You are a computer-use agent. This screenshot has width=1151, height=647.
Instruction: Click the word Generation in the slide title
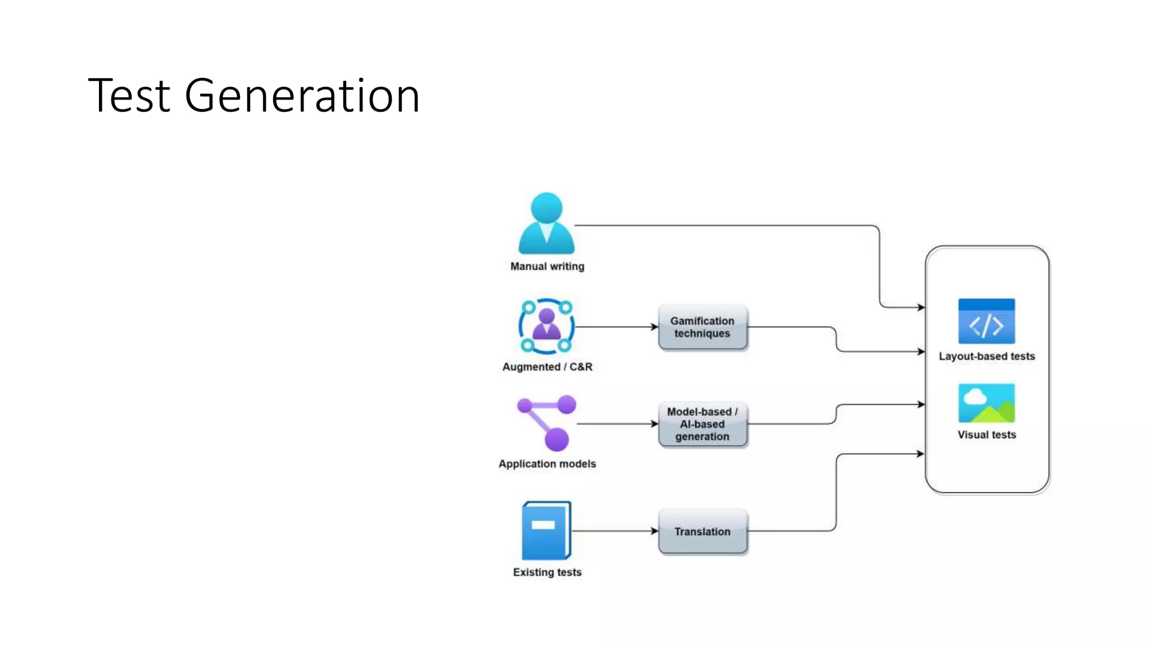[302, 96]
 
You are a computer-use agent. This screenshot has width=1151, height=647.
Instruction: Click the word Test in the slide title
[129, 96]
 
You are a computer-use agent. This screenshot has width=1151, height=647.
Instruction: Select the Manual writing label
[547, 266]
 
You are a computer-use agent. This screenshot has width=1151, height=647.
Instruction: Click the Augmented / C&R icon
[546, 326]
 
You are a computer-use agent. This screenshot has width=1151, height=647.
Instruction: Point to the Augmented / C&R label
[547, 367]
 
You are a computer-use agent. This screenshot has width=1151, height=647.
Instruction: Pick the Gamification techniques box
[703, 327]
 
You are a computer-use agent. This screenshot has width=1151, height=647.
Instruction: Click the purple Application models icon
[547, 423]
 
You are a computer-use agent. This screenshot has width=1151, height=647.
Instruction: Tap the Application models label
[547, 464]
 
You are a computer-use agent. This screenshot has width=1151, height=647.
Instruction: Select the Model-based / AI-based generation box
[703, 424]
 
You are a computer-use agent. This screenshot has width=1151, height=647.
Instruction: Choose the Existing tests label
[547, 572]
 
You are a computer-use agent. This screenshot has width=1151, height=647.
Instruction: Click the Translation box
[703, 531]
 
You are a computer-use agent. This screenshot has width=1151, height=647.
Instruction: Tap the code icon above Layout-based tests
[986, 321]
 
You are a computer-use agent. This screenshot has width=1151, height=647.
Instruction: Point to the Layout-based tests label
[986, 356]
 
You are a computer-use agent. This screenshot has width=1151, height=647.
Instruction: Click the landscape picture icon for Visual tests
[986, 403]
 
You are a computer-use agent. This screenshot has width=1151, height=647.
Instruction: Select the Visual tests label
[986, 435]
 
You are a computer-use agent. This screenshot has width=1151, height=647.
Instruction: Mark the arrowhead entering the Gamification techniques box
[655, 327]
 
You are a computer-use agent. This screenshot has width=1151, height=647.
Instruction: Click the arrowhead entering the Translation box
[655, 531]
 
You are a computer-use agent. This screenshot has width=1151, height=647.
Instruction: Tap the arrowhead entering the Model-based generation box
[655, 424]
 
